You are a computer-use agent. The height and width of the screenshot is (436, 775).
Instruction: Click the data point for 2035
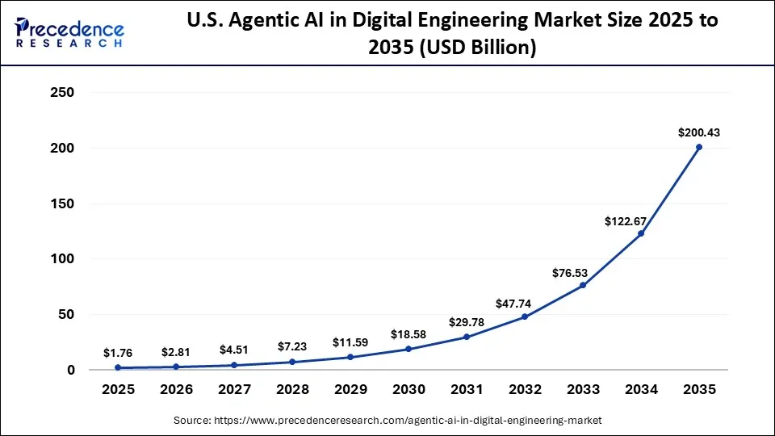tap(699, 147)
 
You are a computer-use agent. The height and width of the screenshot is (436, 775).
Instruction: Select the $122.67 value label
tap(626, 220)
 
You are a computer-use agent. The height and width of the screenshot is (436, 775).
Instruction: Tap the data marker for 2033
tap(583, 285)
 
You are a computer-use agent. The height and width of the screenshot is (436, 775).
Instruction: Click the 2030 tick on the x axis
tap(408, 389)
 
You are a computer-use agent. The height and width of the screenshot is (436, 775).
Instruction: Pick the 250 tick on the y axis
tap(61, 93)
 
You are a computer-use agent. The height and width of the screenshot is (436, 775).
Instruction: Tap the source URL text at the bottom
tap(387, 421)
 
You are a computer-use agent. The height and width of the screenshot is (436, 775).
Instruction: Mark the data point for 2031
tap(467, 337)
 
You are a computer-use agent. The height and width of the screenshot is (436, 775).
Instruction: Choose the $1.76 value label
tap(119, 352)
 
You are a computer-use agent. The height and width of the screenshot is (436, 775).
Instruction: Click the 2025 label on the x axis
tap(119, 389)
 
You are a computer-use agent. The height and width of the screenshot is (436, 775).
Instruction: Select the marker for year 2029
tap(350, 357)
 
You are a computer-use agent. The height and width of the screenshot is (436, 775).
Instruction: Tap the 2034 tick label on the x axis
tap(641, 389)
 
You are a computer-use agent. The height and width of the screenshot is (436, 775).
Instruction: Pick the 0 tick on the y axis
tap(70, 370)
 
